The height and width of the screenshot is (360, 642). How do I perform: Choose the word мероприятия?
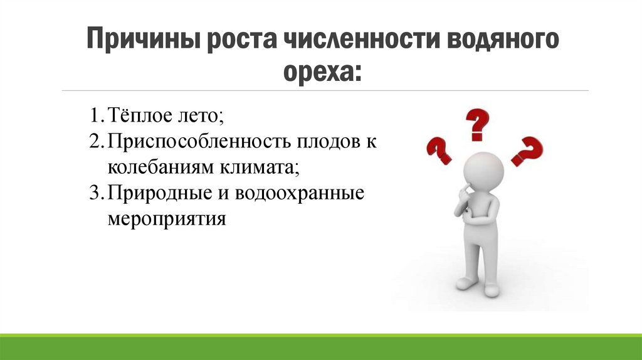(166, 220)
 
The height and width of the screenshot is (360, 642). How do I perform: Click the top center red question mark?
(476, 124)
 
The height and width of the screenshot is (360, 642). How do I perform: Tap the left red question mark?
(439, 151)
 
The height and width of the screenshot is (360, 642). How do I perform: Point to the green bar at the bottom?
(321, 347)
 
